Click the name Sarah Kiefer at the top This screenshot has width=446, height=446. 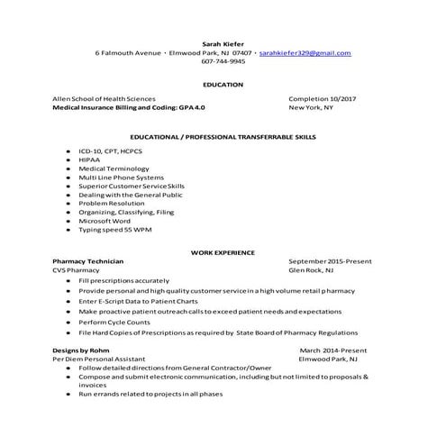click(x=223, y=43)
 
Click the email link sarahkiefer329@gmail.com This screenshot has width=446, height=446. click(x=305, y=53)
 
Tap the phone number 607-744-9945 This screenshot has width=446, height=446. click(x=223, y=62)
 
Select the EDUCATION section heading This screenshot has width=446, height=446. click(x=223, y=84)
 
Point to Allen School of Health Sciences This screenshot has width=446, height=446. click(x=104, y=98)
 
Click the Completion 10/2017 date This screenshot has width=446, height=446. click(x=323, y=98)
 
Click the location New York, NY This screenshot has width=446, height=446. click(x=311, y=107)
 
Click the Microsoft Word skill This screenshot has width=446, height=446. click(x=105, y=220)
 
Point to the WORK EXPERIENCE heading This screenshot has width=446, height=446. click(x=223, y=252)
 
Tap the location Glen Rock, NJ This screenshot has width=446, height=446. click(x=311, y=270)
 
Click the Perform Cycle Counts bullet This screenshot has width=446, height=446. click(x=114, y=322)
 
